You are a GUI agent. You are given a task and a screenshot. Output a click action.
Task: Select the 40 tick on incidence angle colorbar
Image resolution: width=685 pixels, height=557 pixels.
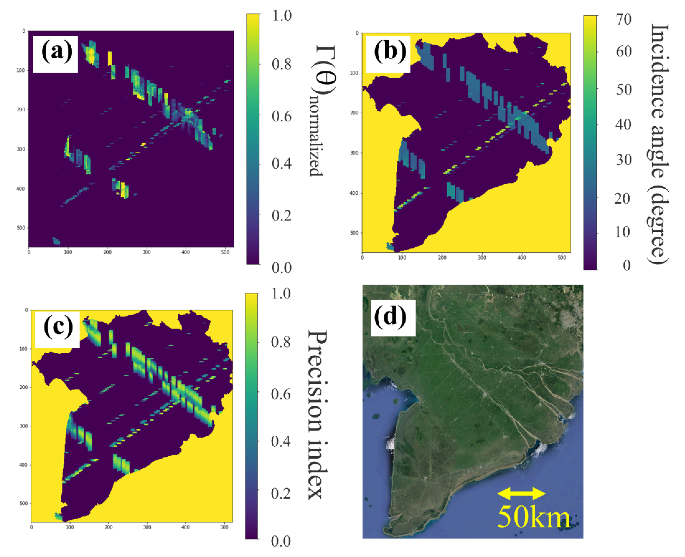[x=623, y=124]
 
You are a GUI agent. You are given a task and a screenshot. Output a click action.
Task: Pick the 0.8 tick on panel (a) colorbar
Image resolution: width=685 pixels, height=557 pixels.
[x=281, y=65]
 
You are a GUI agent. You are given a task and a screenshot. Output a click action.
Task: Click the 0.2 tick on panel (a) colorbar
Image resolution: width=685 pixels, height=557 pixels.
[x=281, y=216]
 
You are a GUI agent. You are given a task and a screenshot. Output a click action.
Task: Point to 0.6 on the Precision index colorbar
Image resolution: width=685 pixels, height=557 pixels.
[x=281, y=394]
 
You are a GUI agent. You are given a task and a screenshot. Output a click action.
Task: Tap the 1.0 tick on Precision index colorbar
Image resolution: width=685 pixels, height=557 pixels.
[x=281, y=294]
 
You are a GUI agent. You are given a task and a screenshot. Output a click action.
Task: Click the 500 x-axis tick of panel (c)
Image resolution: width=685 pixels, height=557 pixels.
[x=224, y=527]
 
